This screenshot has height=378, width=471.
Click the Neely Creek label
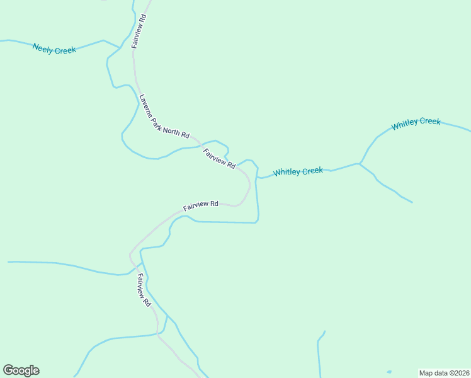click(x=54, y=49)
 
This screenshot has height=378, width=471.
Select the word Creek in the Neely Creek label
click(x=65, y=50)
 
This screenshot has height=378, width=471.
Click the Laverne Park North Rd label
click(x=164, y=117)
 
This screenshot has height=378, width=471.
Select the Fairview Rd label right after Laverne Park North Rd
click(x=219, y=159)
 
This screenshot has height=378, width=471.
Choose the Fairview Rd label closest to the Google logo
click(x=144, y=290)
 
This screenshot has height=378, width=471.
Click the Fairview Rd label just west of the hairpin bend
click(x=201, y=205)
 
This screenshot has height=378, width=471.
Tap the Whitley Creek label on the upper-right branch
click(x=416, y=123)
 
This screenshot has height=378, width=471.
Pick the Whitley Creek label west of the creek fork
click(x=298, y=171)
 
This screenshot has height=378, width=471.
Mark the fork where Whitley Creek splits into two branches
click(x=360, y=164)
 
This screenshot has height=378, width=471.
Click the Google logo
click(x=21, y=370)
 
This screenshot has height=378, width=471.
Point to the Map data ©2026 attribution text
click(x=444, y=372)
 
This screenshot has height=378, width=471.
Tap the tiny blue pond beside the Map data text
click(x=389, y=372)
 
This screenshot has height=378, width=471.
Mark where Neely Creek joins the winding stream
click(x=120, y=47)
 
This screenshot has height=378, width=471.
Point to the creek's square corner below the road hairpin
click(x=258, y=221)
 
